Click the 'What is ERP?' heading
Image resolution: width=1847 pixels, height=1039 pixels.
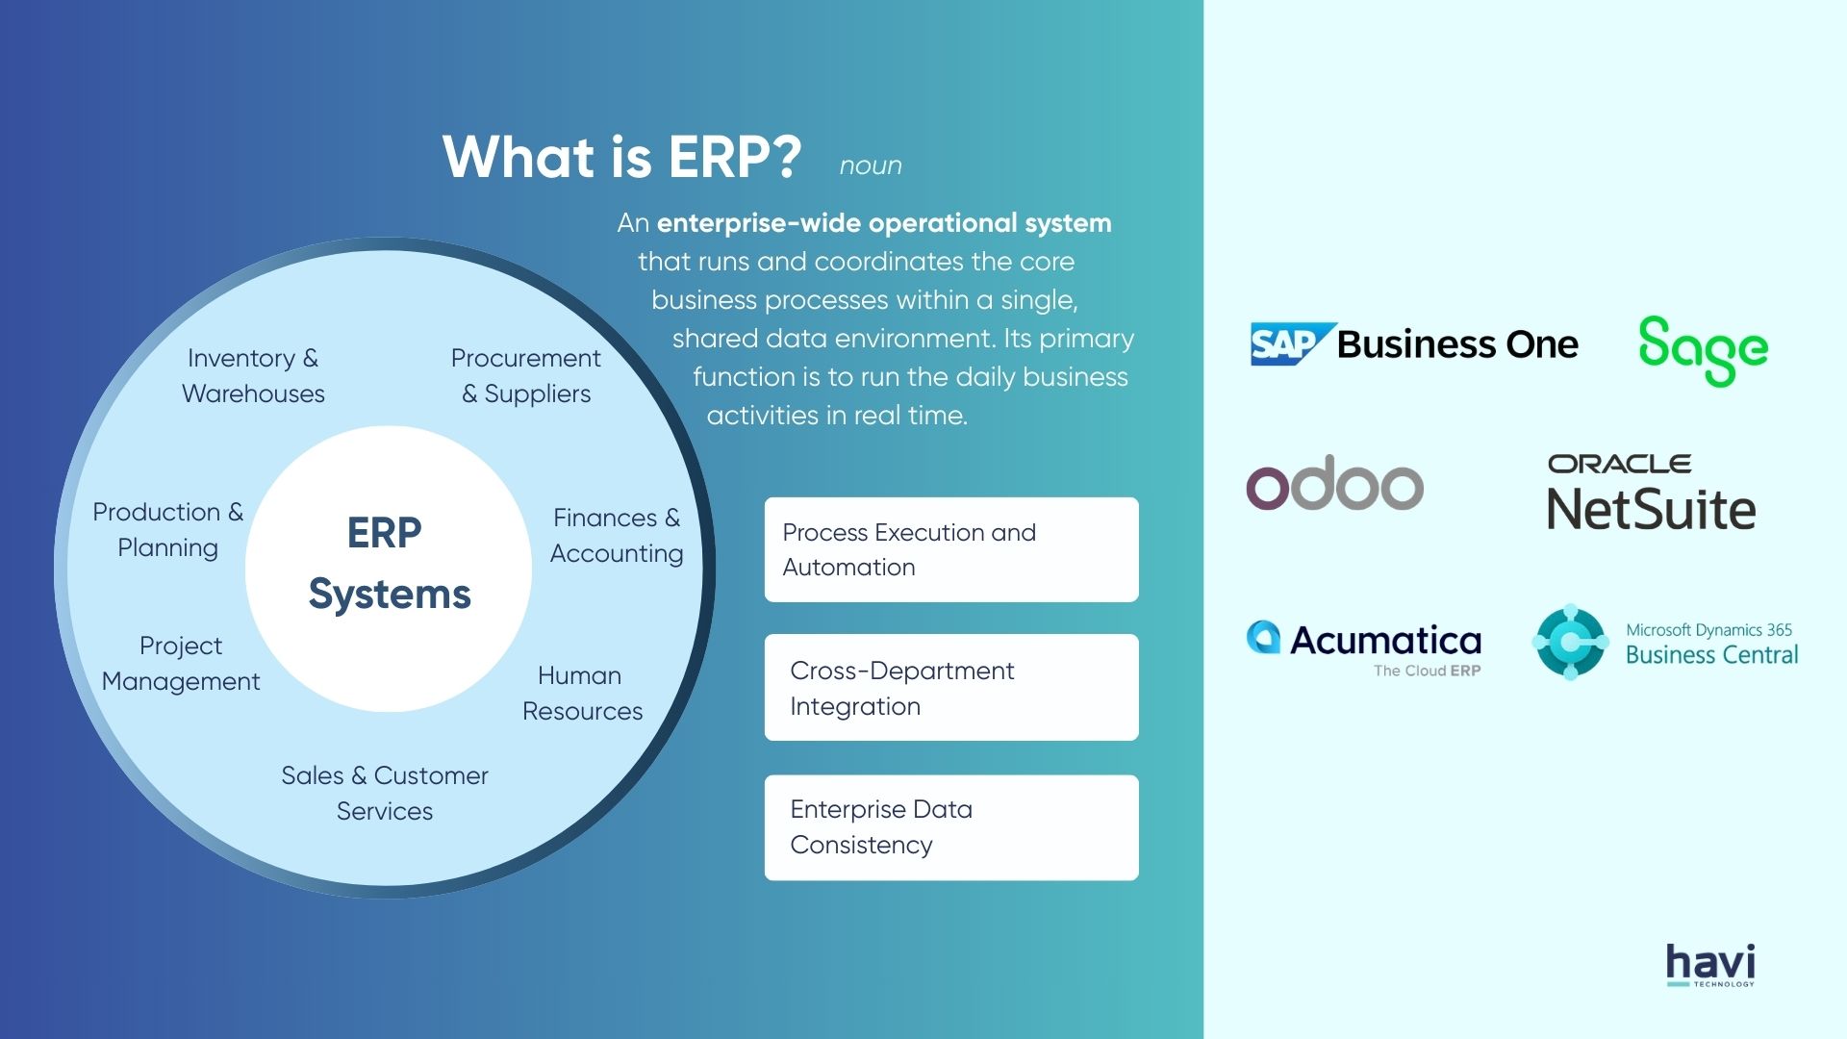point(621,157)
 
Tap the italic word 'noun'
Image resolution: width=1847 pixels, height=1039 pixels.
point(871,165)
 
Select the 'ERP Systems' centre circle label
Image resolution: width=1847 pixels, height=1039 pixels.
point(389,564)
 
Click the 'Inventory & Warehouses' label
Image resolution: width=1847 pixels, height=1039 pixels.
point(253,375)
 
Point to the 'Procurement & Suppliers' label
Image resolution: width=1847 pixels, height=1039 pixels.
point(525,375)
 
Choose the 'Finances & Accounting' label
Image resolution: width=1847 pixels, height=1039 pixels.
point(617,535)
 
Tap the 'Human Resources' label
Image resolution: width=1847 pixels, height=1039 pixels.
point(582,693)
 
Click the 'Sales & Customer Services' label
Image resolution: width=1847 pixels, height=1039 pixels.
point(385,793)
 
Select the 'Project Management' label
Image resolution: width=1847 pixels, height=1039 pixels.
point(181,663)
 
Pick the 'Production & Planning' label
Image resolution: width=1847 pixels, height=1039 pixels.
point(168,529)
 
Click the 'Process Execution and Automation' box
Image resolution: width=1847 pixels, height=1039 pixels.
point(950,549)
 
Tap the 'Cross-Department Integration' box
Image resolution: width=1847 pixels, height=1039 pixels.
point(950,687)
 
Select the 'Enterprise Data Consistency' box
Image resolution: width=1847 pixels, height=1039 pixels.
point(950,827)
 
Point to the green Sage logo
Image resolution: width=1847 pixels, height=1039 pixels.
point(1703,350)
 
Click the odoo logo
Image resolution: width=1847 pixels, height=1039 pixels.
point(1334,484)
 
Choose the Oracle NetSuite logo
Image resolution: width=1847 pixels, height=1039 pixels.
point(1651,493)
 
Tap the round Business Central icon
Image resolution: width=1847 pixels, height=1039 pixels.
point(1570,642)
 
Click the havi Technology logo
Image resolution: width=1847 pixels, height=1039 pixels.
point(1710,965)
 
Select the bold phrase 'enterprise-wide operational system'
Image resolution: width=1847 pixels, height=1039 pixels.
point(883,223)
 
